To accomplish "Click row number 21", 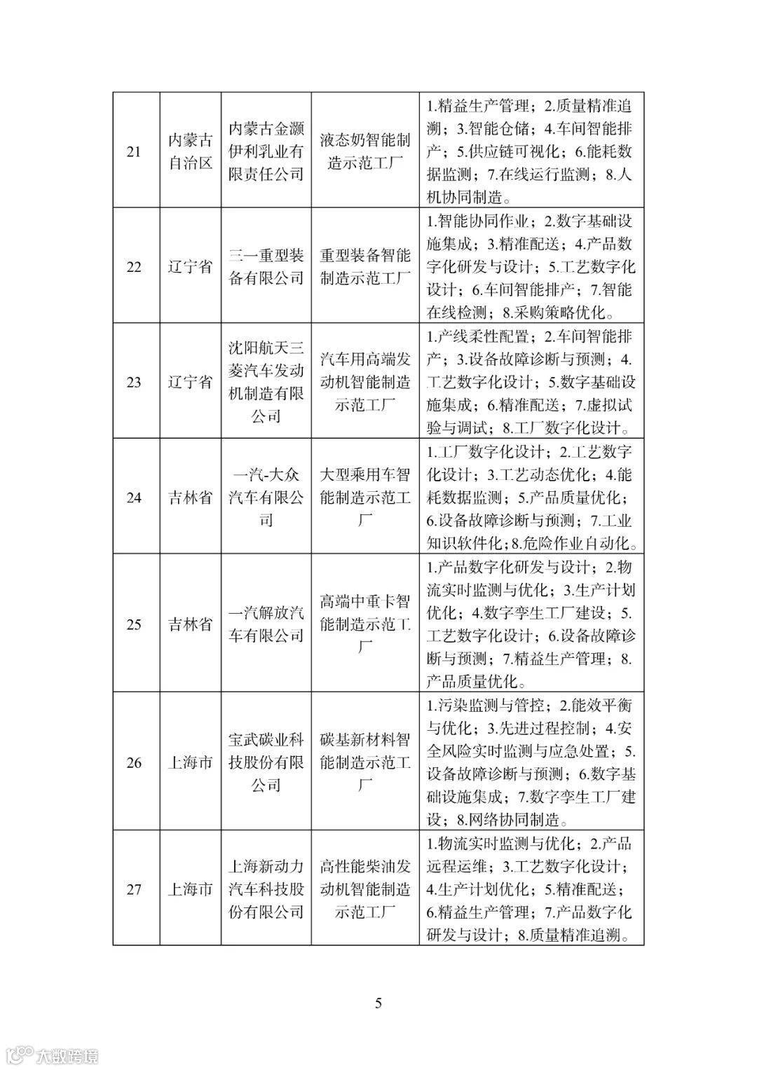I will click(133, 151).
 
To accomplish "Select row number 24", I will click(133, 498).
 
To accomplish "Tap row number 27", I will click(133, 889).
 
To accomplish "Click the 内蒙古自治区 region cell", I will click(190, 151).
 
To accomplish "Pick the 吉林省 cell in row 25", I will click(190, 624).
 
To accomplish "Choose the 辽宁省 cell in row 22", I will click(190, 267).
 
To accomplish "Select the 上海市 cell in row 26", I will click(190, 762).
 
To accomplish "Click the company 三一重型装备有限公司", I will click(266, 267).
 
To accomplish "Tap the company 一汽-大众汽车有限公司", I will click(266, 498).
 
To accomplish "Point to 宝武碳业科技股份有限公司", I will click(266, 762).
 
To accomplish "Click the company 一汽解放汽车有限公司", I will click(266, 624).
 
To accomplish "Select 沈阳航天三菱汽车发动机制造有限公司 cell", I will click(266, 382).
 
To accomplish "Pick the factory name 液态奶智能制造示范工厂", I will click(365, 151).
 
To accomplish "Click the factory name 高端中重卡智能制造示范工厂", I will click(365, 624).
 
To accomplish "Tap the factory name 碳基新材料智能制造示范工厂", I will click(365, 762).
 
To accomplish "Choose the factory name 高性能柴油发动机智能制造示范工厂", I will click(365, 889).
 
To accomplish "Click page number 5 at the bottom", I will click(378, 1003).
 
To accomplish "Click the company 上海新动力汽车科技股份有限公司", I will click(266, 889).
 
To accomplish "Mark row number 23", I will click(133, 382).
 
